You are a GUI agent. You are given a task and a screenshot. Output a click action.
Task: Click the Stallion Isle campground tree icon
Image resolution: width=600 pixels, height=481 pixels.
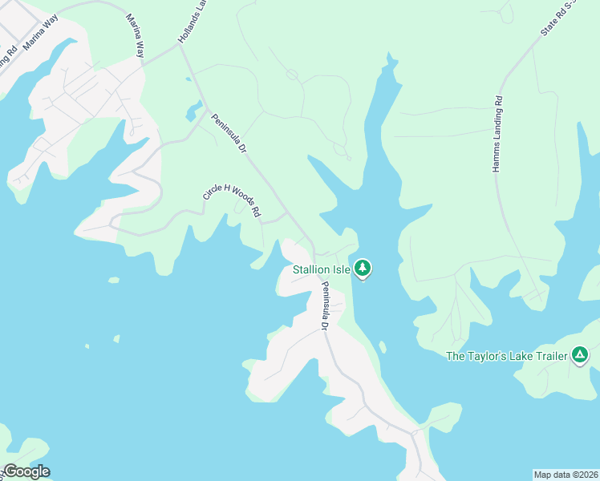click(363, 268)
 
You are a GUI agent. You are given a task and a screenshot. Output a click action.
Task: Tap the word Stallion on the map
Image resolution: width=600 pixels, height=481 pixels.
click(311, 269)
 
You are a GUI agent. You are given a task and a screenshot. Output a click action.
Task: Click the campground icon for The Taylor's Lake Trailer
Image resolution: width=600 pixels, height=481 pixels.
click(580, 354)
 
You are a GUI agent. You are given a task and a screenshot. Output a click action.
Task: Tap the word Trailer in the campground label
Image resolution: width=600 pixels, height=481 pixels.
click(547, 355)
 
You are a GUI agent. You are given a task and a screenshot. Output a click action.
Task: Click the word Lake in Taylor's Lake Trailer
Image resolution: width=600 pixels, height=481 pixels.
click(525, 355)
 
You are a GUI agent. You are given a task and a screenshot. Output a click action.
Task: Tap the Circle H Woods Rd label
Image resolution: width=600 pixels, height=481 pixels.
click(232, 200)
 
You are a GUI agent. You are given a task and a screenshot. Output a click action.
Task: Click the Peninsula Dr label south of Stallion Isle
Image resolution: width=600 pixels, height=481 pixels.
click(325, 306)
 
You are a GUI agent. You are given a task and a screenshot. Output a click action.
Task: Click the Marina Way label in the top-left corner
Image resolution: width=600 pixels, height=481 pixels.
click(42, 38)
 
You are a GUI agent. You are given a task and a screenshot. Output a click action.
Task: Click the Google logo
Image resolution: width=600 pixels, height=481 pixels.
click(26, 471)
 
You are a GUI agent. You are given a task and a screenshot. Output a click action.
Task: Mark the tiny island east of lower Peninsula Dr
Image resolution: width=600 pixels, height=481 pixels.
click(383, 347)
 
